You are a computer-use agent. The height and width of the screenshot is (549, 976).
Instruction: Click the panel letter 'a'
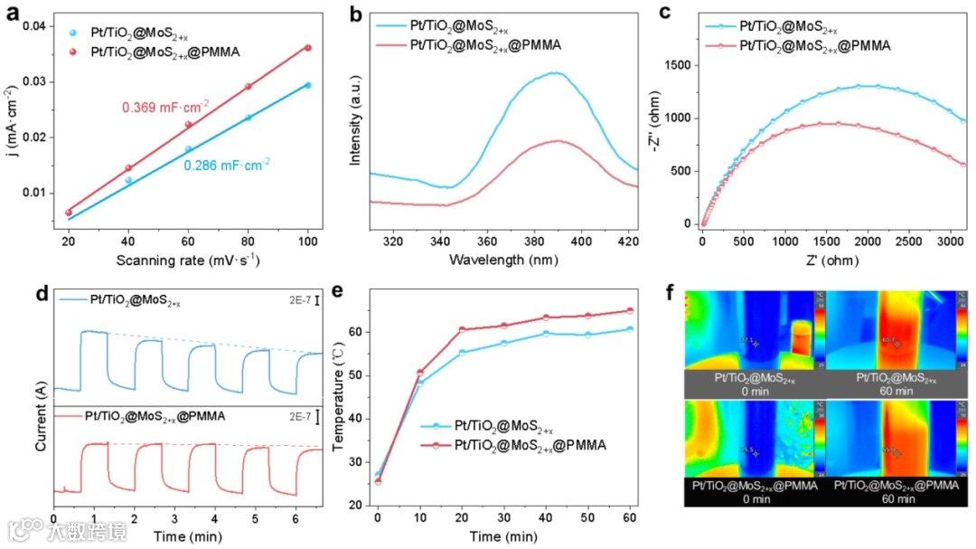click(x=14, y=16)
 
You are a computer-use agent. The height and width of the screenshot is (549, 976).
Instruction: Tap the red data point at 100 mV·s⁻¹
click(x=308, y=48)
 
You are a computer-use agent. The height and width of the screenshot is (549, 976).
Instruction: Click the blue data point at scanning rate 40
click(x=128, y=180)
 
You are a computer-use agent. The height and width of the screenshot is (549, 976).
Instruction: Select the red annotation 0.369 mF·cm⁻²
click(x=165, y=108)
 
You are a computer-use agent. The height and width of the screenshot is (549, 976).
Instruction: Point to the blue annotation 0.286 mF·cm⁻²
click(x=227, y=165)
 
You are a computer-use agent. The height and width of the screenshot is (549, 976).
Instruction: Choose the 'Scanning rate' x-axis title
click(x=188, y=260)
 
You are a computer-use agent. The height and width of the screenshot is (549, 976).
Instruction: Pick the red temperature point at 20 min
click(x=462, y=330)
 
